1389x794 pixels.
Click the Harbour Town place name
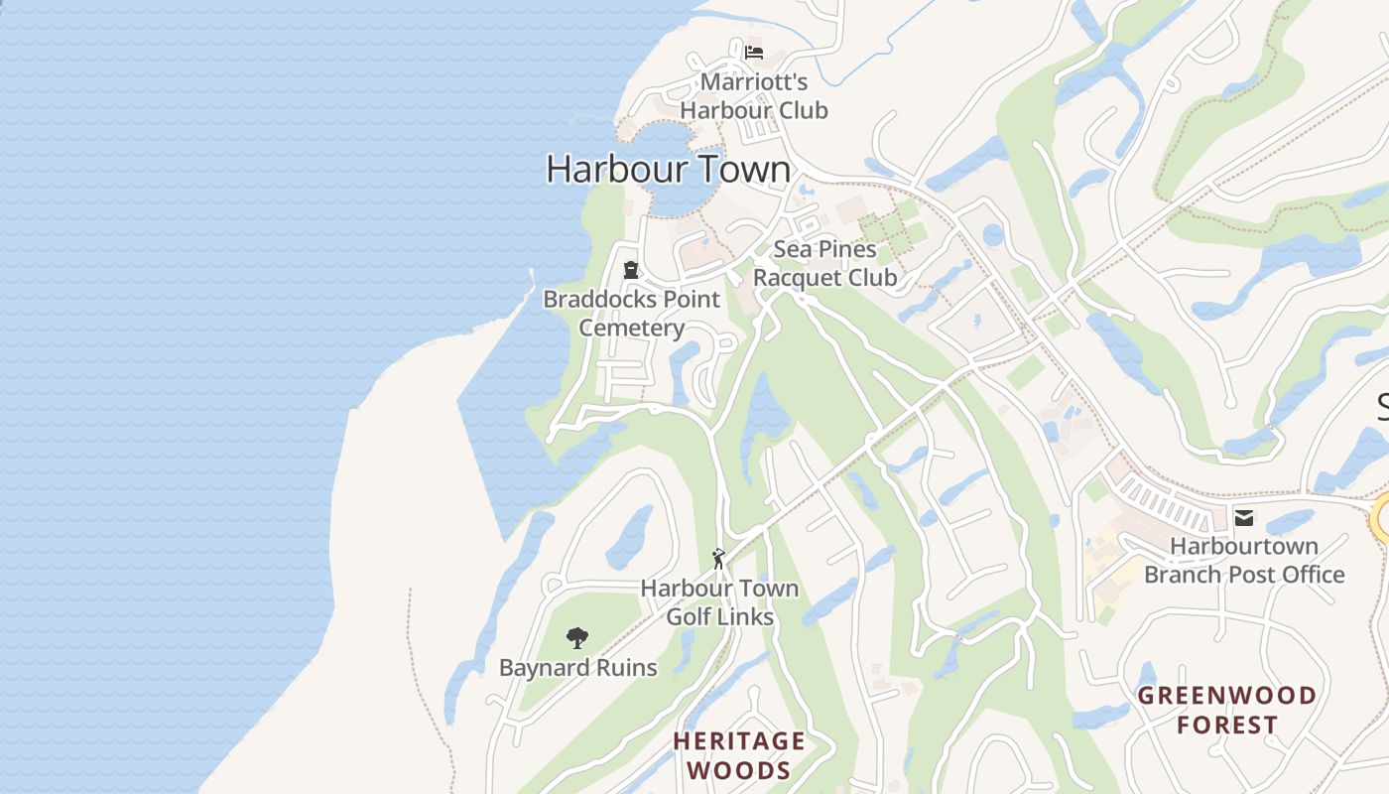tap(668, 169)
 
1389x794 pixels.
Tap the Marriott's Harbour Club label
tap(753, 96)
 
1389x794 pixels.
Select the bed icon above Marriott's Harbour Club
tap(754, 52)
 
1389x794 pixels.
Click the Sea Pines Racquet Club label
tap(824, 264)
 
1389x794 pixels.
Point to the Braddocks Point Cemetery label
tap(632, 314)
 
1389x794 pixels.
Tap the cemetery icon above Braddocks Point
tap(630, 270)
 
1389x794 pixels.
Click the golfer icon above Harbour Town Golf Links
tap(719, 559)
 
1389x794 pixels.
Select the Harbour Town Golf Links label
tap(719, 602)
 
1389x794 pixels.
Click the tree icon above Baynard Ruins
tap(576, 638)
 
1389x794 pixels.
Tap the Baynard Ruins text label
tap(577, 668)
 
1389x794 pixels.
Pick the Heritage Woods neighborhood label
tap(739, 755)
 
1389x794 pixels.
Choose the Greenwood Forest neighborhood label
tap(1226, 710)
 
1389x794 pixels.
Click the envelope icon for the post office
tap(1243, 517)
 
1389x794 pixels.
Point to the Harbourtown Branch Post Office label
tap(1244, 561)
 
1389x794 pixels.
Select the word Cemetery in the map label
tap(632, 329)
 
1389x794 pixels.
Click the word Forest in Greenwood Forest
tap(1227, 726)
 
